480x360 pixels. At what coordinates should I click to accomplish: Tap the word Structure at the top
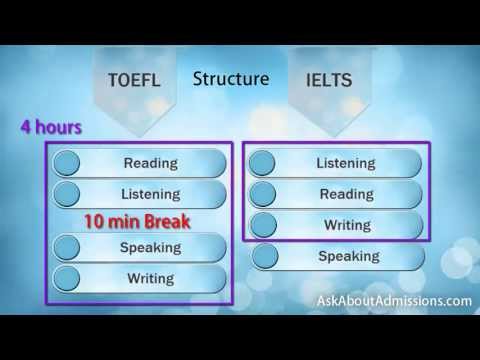point(230,78)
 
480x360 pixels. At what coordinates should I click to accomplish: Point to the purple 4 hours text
point(50,129)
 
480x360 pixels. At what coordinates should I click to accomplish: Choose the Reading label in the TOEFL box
point(150,163)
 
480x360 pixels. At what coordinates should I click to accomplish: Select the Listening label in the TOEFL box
point(150,193)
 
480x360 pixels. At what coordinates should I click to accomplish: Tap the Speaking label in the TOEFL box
point(150,247)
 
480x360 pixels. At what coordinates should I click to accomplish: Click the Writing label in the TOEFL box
point(150,278)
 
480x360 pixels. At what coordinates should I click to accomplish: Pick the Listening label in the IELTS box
point(346,163)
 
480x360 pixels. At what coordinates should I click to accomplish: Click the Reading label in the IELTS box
point(346,194)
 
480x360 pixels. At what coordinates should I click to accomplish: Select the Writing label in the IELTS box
point(346,225)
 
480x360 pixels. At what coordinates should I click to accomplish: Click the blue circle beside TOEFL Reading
point(67,163)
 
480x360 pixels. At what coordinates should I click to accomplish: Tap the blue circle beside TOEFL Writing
point(67,278)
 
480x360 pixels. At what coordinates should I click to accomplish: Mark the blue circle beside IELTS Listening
point(263,163)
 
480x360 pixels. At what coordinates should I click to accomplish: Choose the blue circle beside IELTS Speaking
point(267,256)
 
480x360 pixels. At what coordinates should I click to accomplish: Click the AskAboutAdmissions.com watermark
point(393,300)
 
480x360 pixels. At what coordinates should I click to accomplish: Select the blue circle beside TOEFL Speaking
point(67,247)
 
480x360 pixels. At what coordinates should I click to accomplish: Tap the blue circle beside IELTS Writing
point(263,225)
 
